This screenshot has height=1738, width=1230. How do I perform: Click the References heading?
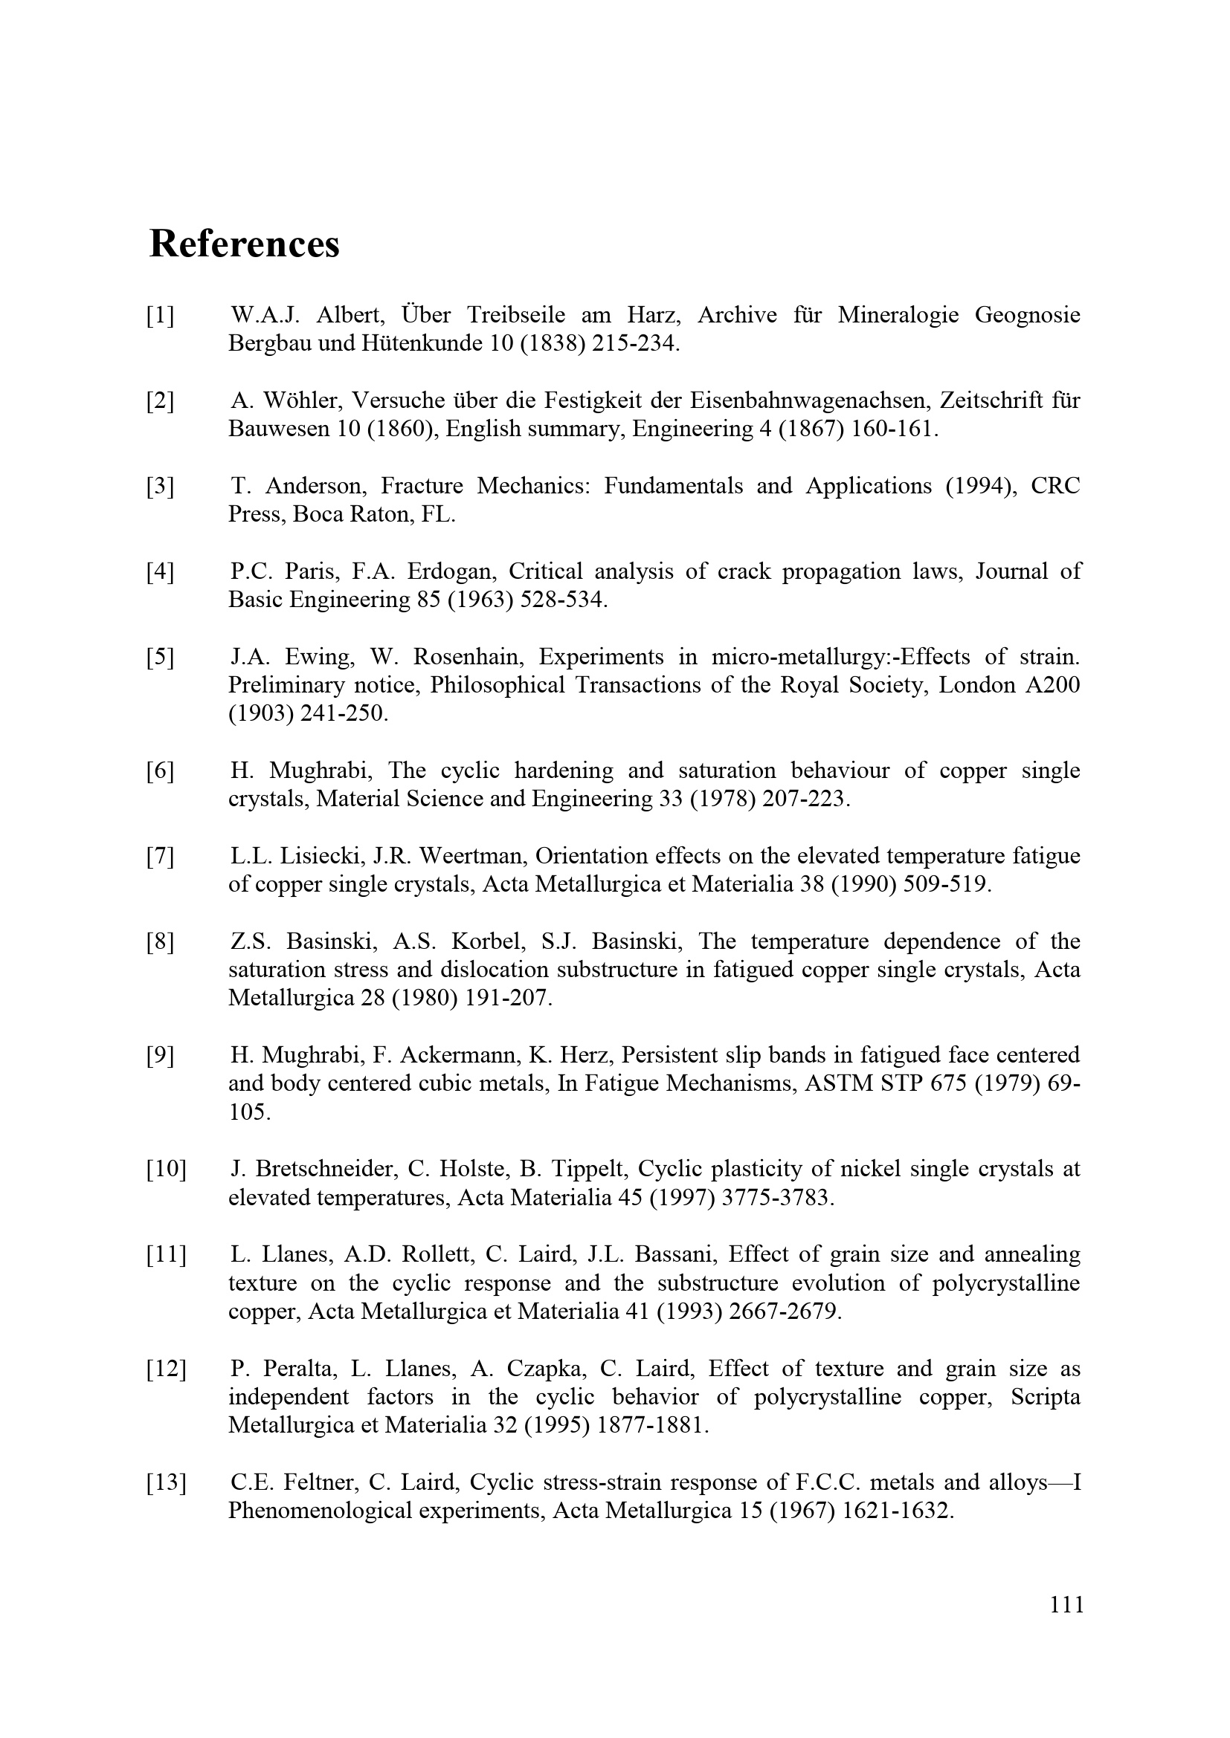pos(244,244)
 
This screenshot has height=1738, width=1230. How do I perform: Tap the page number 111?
pos(1066,1625)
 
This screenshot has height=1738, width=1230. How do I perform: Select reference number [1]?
pos(161,315)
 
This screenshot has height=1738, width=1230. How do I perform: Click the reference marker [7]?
pos(161,856)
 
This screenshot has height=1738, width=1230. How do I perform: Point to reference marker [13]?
pos(167,1483)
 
